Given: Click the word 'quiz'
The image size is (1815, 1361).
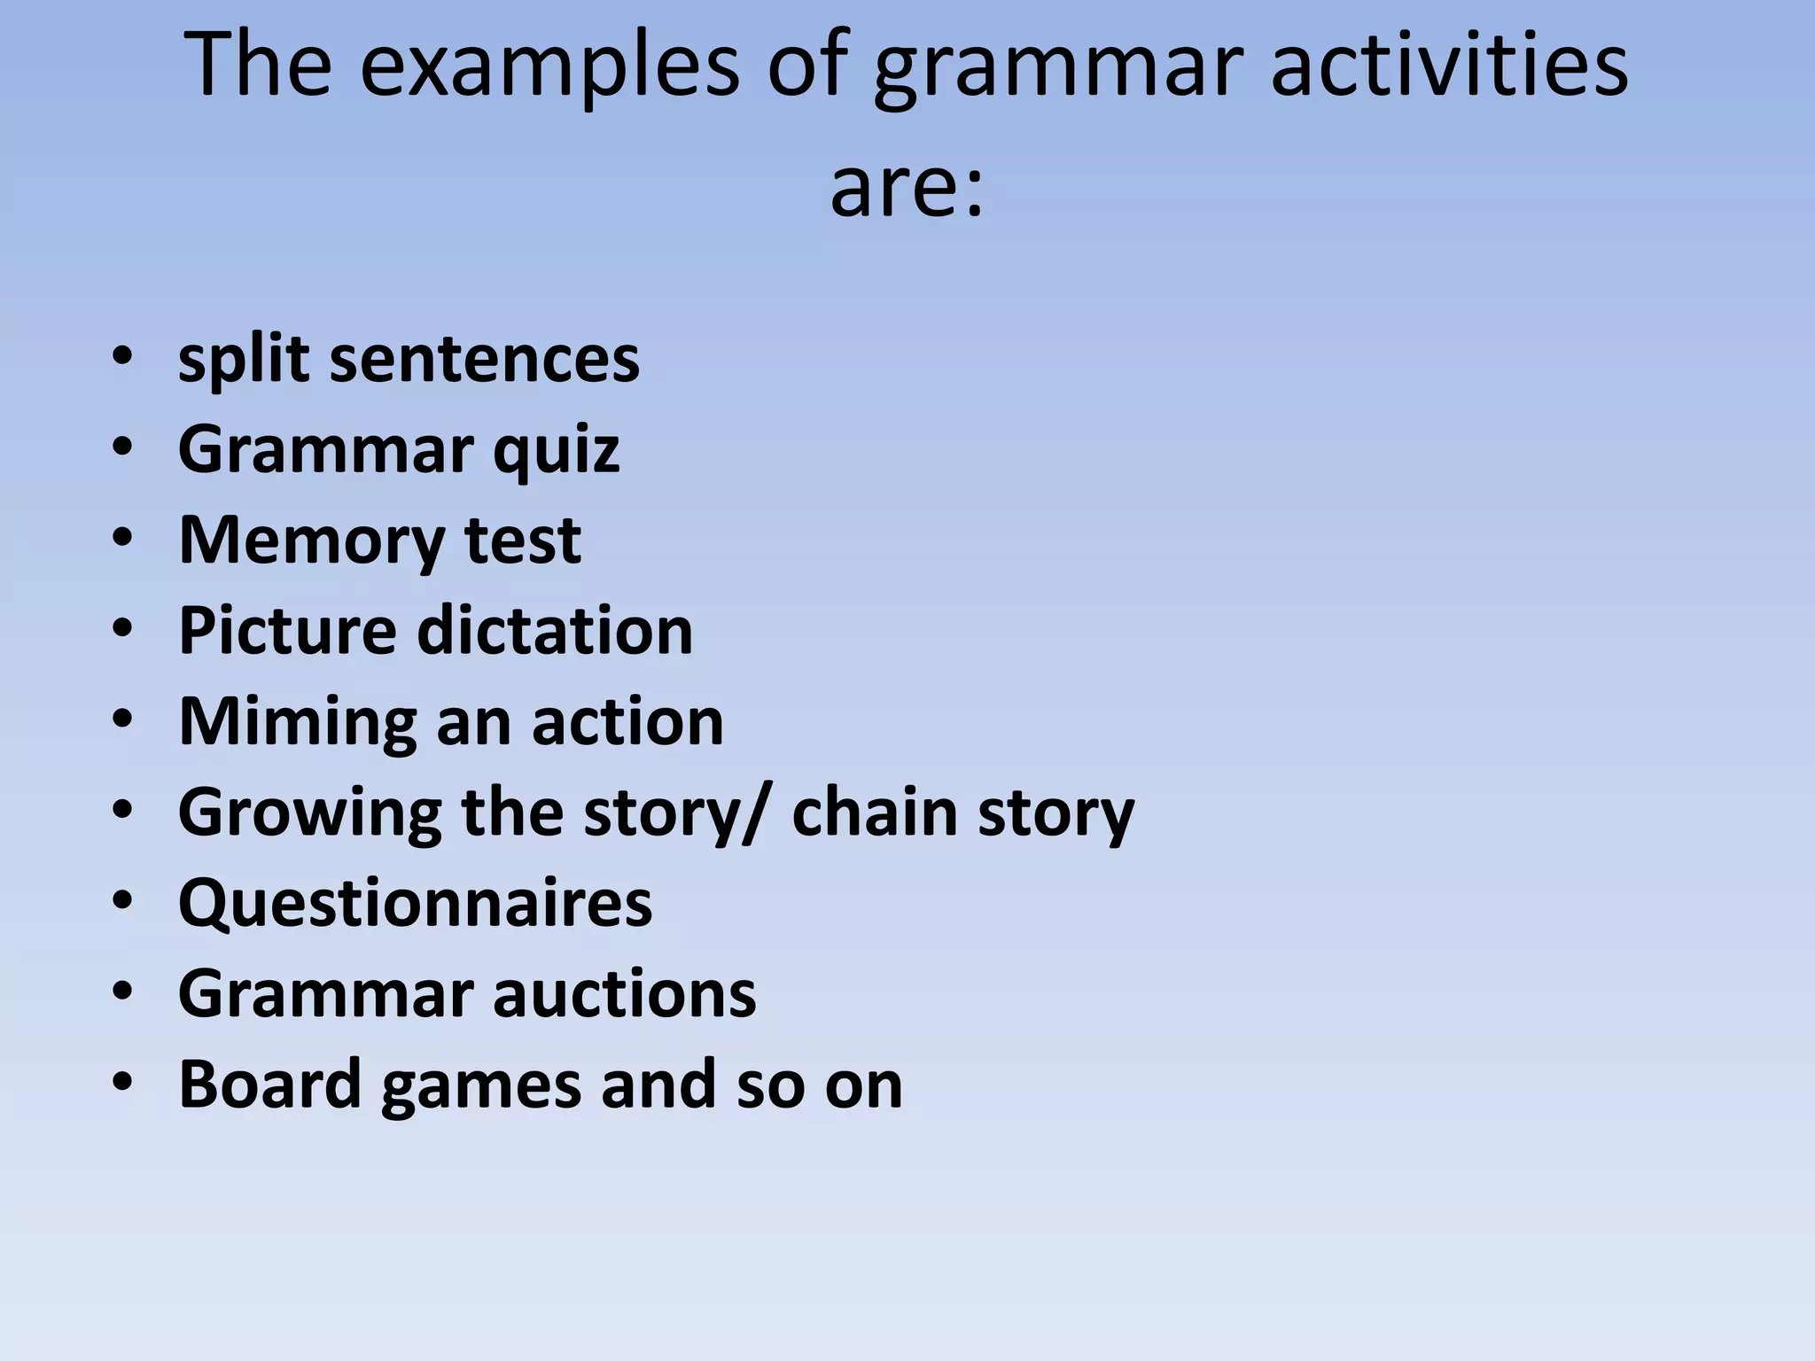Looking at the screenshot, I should point(556,450).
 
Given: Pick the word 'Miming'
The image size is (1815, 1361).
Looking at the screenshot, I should point(297,721).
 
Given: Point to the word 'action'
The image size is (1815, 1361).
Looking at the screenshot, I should point(627,721).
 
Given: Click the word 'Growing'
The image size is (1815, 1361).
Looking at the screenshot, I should point(309,813).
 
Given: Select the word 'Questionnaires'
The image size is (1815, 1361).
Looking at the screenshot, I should point(415,903).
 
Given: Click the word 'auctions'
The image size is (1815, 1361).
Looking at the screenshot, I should point(624,994).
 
